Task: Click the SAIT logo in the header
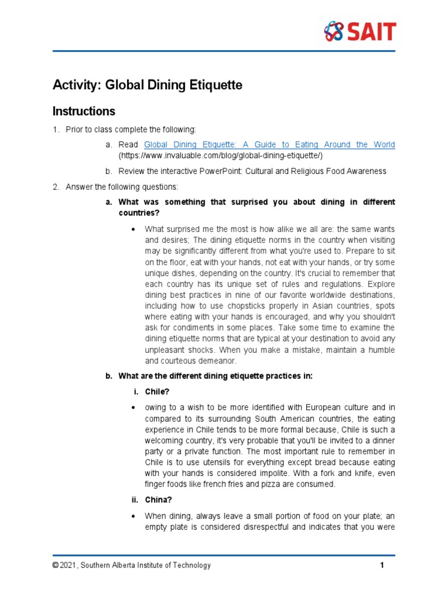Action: click(360, 31)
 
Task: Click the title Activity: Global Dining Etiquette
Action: click(147, 85)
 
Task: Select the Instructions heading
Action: click(84, 111)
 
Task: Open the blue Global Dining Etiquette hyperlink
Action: click(269, 144)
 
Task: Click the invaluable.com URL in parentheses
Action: click(220, 156)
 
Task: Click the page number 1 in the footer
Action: click(381, 565)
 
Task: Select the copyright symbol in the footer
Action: click(55, 565)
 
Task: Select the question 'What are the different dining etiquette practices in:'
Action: click(215, 376)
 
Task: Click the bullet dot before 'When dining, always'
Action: click(134, 516)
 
